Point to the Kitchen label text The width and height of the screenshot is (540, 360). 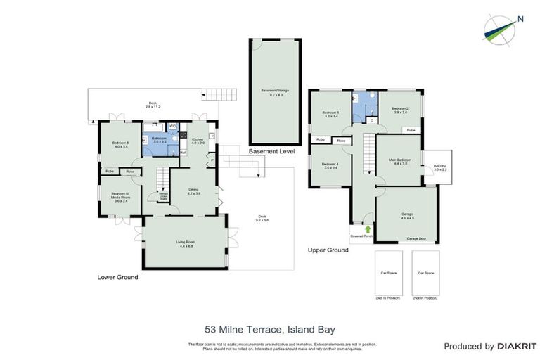click(x=198, y=140)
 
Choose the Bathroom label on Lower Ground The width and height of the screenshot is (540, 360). click(x=159, y=139)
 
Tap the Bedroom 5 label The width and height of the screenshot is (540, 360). click(x=120, y=145)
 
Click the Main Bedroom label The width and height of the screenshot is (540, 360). click(x=399, y=161)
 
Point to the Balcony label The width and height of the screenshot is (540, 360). click(x=440, y=167)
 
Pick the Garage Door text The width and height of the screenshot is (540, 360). click(x=418, y=239)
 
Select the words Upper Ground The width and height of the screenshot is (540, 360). click(x=328, y=250)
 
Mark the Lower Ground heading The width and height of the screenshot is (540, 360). click(x=117, y=278)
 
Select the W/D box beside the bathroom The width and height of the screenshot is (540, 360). click(x=173, y=127)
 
